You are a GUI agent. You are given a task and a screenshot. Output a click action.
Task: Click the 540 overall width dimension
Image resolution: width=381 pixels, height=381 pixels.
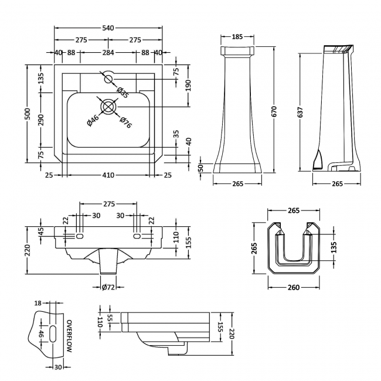108,27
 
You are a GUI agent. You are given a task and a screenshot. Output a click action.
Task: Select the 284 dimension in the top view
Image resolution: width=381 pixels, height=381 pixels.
108,53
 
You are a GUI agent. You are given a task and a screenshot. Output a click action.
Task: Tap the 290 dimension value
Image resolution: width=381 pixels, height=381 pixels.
41,120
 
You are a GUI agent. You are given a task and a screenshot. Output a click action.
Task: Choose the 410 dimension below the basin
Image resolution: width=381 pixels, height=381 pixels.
108,175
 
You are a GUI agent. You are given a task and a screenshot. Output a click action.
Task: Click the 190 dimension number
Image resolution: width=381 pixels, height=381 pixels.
189,86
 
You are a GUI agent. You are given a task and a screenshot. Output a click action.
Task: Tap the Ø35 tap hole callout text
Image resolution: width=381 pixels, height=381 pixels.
123,92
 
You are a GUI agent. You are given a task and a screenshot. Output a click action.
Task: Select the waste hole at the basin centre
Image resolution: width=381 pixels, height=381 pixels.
108,106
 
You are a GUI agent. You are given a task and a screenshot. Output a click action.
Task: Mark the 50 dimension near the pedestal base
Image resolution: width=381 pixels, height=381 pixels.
201,168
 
